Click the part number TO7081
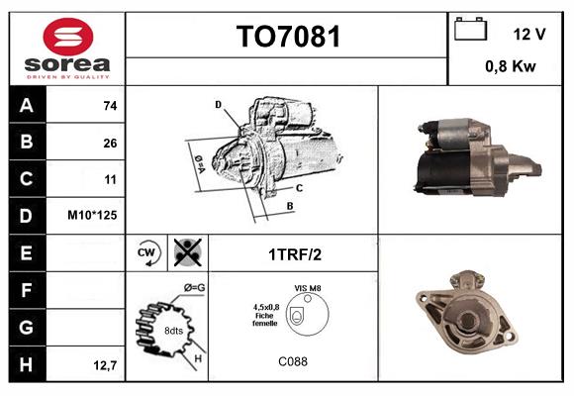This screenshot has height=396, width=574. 287,38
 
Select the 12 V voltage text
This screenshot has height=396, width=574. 529,34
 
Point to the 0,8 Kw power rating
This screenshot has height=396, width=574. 512,67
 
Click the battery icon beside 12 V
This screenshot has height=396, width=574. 468,31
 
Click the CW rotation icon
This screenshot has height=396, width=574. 148,253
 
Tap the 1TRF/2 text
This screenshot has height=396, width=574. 294,254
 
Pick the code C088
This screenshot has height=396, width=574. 293,361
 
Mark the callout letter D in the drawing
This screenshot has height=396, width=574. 218,104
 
